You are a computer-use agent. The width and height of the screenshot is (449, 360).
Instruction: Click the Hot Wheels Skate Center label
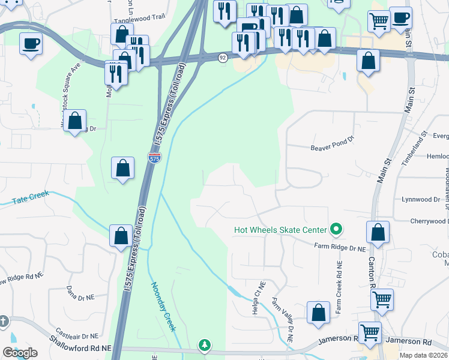coord(280,230)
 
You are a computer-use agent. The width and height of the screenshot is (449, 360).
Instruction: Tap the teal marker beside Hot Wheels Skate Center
coord(336,229)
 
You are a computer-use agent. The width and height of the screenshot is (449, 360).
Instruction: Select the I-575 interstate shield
coord(154,158)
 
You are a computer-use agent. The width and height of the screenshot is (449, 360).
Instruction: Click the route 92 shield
coord(223,58)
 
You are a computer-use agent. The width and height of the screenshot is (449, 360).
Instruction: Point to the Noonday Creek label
coord(163,307)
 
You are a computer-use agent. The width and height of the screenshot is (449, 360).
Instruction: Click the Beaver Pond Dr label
coord(333,148)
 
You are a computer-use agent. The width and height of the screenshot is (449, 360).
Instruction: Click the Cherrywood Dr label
coord(427,221)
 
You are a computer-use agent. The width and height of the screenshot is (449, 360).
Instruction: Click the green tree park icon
coord(205,345)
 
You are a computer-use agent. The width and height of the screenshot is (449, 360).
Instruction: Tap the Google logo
coord(20,353)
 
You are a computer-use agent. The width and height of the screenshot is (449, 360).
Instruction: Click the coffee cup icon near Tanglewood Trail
coord(31,43)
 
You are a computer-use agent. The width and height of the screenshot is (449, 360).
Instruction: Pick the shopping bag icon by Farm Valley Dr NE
coord(318,313)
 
